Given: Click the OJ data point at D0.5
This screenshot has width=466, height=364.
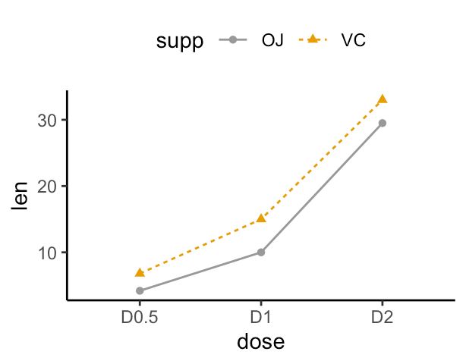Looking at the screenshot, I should click(x=140, y=290).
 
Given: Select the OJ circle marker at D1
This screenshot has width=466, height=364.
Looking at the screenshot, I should click(x=261, y=252).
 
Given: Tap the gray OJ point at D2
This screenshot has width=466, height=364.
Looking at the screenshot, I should click(x=383, y=123).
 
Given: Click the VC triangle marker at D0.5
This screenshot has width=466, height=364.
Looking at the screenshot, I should click(x=140, y=272).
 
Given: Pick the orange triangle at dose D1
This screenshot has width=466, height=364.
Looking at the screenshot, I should click(x=261, y=218).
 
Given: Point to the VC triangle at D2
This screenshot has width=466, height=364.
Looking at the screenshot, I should click(x=383, y=99).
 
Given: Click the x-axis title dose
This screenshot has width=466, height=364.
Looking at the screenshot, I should click(x=260, y=342).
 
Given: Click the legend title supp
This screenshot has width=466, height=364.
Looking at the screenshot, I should click(x=180, y=41).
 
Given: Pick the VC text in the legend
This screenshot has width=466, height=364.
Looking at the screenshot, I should click(x=354, y=41).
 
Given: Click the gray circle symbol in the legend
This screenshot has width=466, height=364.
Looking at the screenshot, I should click(x=232, y=41).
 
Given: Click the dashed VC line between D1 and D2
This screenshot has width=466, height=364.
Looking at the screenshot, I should click(x=322, y=159).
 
